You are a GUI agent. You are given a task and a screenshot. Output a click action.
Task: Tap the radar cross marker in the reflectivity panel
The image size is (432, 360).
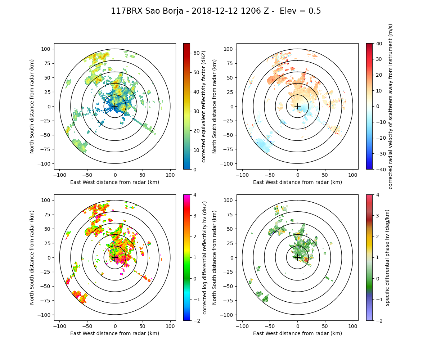click(x=115, y=106)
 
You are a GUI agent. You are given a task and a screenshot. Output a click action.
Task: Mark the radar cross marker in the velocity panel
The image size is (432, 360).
click(x=297, y=106)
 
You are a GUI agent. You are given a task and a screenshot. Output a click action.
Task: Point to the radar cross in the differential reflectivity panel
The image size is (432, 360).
click(x=115, y=257)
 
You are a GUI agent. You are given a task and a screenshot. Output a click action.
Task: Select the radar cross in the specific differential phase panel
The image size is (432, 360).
click(x=297, y=257)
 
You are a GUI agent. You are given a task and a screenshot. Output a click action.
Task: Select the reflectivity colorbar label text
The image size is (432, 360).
click(x=204, y=106)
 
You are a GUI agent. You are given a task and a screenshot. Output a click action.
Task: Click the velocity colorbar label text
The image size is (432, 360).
click(x=390, y=106)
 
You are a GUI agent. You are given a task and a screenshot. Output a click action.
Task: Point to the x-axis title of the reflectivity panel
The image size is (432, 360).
click(x=115, y=182)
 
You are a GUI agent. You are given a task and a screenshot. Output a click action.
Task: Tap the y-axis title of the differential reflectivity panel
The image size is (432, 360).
click(x=32, y=257)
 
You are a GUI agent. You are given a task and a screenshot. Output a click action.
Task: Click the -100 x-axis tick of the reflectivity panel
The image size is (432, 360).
click(x=60, y=175)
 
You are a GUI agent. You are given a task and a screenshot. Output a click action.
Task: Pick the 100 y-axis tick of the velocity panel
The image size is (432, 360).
click(x=230, y=49)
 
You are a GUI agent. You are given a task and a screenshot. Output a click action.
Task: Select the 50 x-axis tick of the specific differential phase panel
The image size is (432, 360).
click(x=325, y=326)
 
